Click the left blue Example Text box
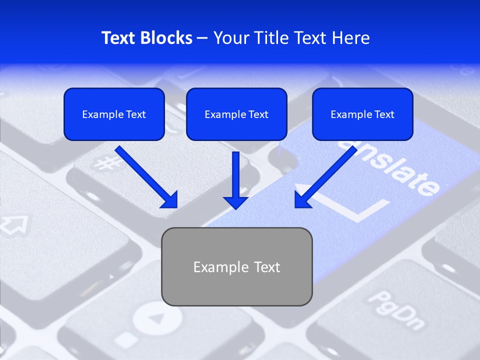[x=114, y=114]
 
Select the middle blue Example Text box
[x=236, y=114]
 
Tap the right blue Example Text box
[x=362, y=114]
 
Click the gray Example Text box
[x=236, y=266]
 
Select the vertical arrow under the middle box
[x=235, y=180]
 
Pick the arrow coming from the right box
[x=324, y=178]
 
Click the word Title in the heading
[x=272, y=38]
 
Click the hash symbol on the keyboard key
[x=104, y=163]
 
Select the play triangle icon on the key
[x=158, y=318]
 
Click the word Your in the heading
[x=231, y=38]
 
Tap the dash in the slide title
[x=202, y=38]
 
